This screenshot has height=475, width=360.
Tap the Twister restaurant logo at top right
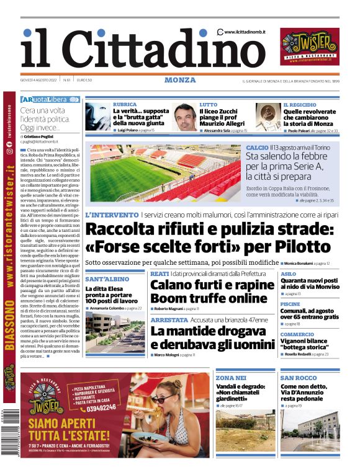310,47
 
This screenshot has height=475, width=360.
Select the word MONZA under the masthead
180,80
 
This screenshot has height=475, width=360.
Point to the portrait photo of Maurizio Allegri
185,117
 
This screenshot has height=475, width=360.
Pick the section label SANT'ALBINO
107,280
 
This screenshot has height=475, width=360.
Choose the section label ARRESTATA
169,320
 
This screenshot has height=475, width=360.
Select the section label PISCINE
290,304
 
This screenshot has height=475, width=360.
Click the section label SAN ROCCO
299,378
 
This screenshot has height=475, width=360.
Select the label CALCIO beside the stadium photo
257,148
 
